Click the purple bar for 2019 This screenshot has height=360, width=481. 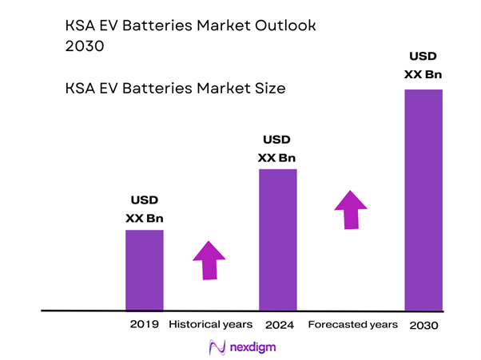(145, 269)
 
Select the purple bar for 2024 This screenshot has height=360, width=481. (277, 239)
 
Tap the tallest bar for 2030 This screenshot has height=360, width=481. (423, 199)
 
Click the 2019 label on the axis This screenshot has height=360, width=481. (145, 325)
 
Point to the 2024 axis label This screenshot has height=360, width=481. (278, 325)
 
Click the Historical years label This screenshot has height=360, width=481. (211, 325)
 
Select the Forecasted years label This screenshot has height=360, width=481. (352, 325)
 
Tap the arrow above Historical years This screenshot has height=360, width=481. (209, 259)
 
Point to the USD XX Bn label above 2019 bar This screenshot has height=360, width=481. (145, 209)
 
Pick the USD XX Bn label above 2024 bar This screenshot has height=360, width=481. (277, 148)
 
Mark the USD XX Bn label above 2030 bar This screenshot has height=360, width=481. (423, 65)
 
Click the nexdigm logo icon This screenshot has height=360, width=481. (216, 347)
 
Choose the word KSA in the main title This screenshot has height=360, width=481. (79, 26)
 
